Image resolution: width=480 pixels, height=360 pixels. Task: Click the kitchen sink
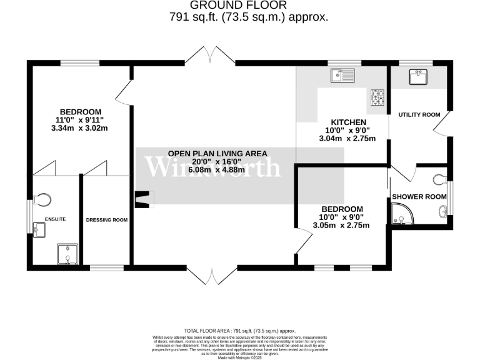point(342,76)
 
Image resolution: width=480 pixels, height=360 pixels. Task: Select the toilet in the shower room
point(440,180)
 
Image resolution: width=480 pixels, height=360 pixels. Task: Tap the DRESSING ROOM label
point(106,220)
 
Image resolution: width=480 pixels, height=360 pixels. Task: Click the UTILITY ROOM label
point(419,115)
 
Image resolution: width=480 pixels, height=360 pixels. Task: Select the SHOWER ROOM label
point(419,197)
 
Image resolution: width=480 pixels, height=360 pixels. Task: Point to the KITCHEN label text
point(349,122)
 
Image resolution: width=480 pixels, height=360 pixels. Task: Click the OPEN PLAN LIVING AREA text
point(217,153)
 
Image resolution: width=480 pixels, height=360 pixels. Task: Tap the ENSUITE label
point(55,219)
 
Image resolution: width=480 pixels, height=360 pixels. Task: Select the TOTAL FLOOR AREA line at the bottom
point(239,331)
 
